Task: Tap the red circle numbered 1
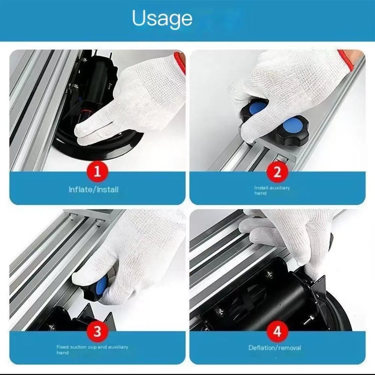[x=97, y=171]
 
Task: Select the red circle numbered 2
[x=277, y=171]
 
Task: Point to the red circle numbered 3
[x=97, y=331]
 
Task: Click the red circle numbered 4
[x=277, y=331]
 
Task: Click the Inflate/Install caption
[x=93, y=190]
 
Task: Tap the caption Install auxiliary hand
[x=272, y=190]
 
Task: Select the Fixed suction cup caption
[x=92, y=349]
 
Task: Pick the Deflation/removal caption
[x=274, y=348]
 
